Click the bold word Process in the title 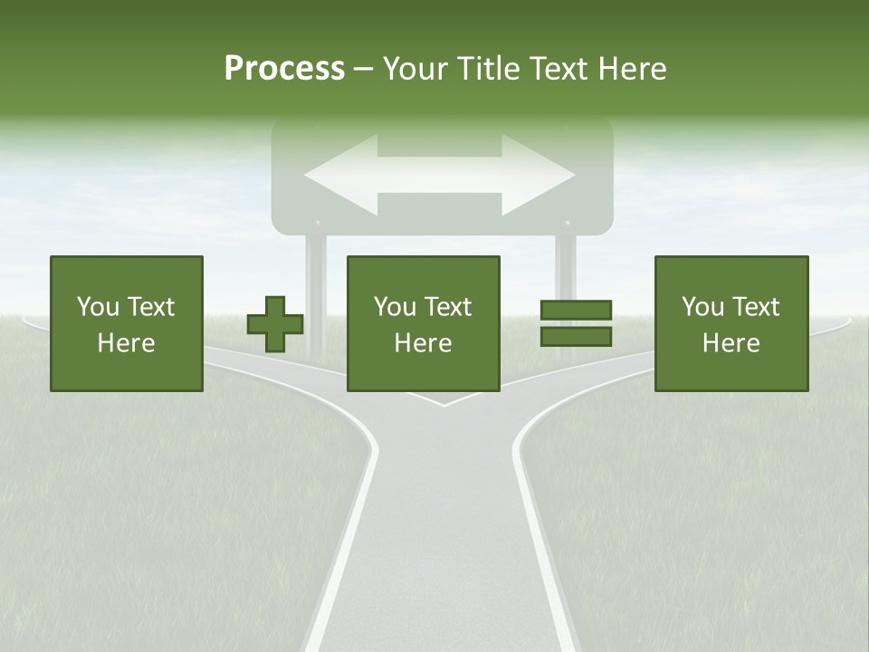284,69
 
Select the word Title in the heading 487,69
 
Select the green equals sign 576,323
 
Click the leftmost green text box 127,323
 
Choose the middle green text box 424,323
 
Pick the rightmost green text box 731,323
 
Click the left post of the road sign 316,290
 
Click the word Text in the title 559,69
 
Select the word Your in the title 412,69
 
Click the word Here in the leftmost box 127,343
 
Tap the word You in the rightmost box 702,307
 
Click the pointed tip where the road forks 444,405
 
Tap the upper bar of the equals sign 576,312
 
